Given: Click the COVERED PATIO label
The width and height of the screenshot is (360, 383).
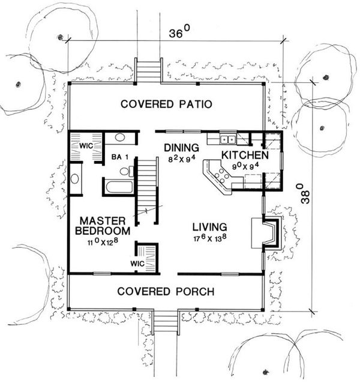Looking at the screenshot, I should click(x=166, y=104).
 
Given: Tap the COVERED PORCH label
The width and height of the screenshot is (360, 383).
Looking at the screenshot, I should click(x=166, y=292).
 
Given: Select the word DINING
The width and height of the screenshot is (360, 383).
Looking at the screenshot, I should click(x=182, y=148).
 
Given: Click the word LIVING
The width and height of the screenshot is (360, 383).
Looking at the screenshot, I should click(x=209, y=227).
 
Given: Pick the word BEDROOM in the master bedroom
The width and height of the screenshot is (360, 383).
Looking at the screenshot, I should click(x=103, y=231).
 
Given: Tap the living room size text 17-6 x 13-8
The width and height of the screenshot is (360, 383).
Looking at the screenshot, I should click(x=209, y=239).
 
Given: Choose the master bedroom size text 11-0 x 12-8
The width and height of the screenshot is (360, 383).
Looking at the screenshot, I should click(x=103, y=243).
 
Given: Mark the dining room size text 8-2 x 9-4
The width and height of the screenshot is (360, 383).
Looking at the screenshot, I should click(x=182, y=159).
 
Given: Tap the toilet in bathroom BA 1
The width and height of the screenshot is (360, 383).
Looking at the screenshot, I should click(x=125, y=172).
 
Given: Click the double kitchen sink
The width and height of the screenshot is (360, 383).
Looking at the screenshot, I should click(x=228, y=140).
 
